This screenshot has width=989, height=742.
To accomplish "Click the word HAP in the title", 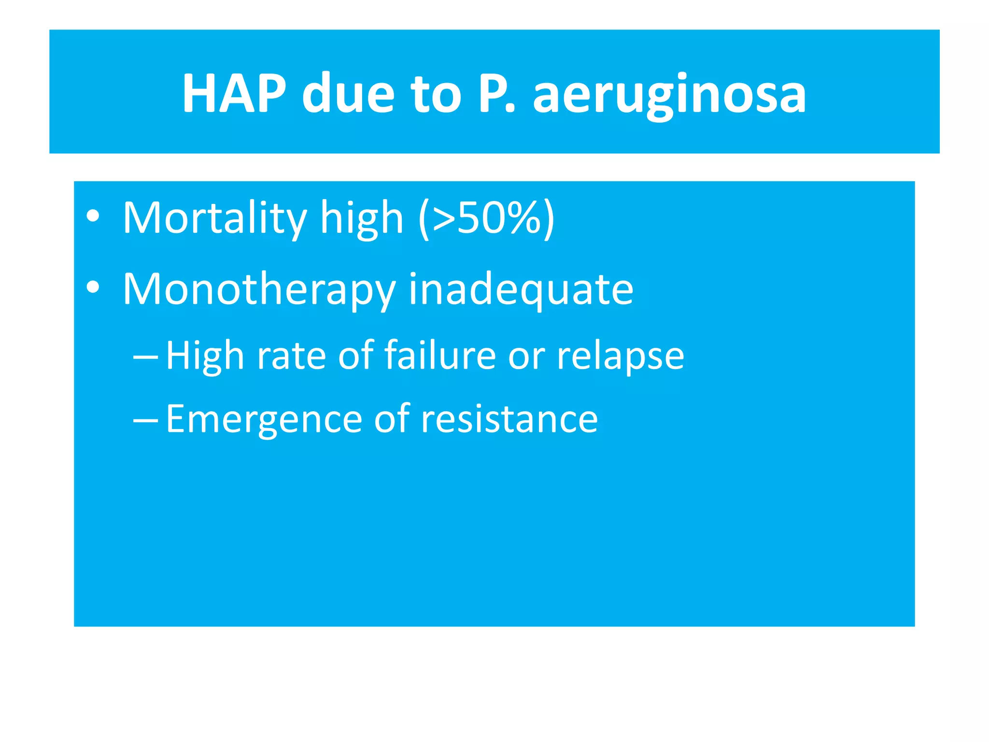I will (234, 93).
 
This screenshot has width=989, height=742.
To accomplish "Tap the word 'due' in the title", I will (348, 93).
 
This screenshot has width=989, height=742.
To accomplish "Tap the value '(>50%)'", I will (487, 219).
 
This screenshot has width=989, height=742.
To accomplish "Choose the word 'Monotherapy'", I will (259, 290).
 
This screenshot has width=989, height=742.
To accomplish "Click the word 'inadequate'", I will (521, 290).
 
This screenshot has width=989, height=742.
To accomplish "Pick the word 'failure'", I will (440, 356).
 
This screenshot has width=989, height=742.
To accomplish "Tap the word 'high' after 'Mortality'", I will (362, 219).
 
